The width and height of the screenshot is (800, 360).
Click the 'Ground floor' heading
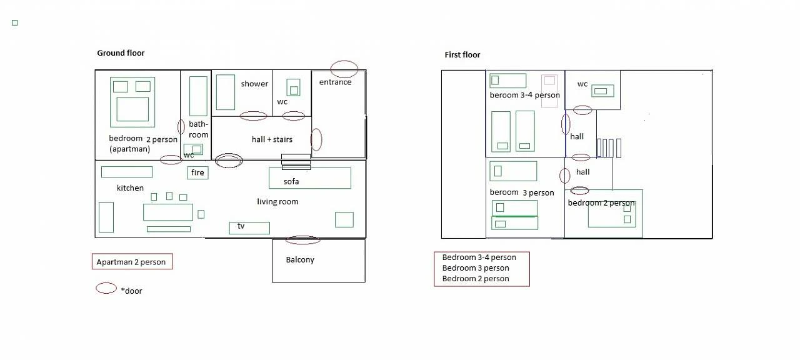coord(121,53)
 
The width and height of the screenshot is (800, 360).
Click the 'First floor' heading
coord(462,55)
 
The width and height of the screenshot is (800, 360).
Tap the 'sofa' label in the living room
coord(291,182)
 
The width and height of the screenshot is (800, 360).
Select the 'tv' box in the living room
coord(249,227)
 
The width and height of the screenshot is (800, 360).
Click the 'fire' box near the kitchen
coord(197,173)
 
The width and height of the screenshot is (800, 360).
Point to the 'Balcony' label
coord(300,260)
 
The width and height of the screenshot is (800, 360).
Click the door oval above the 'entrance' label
coord(344,68)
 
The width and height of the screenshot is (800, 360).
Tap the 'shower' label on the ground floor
coord(254,84)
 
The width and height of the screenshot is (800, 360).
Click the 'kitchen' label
coord(130,188)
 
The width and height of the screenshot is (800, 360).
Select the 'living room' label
coord(277,202)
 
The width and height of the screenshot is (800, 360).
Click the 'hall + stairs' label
coord(272,139)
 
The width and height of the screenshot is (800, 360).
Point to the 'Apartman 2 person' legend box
coord(131,262)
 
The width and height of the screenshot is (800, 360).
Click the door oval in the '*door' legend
coord(106,288)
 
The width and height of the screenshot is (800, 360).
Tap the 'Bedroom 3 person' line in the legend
coord(476,268)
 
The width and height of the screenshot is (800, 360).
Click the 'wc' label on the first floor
coord(582,84)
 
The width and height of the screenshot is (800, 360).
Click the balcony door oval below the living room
coord(302,239)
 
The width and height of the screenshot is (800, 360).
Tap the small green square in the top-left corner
coord(14,23)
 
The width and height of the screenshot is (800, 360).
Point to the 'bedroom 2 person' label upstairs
coord(601,203)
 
